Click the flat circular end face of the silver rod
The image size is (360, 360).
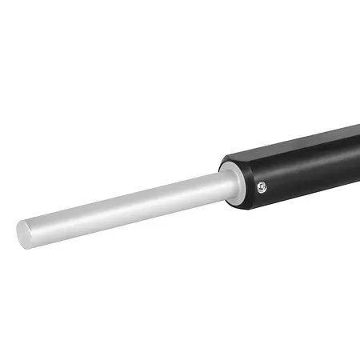pos(23,233)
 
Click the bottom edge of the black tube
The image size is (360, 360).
pos(304,195)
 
